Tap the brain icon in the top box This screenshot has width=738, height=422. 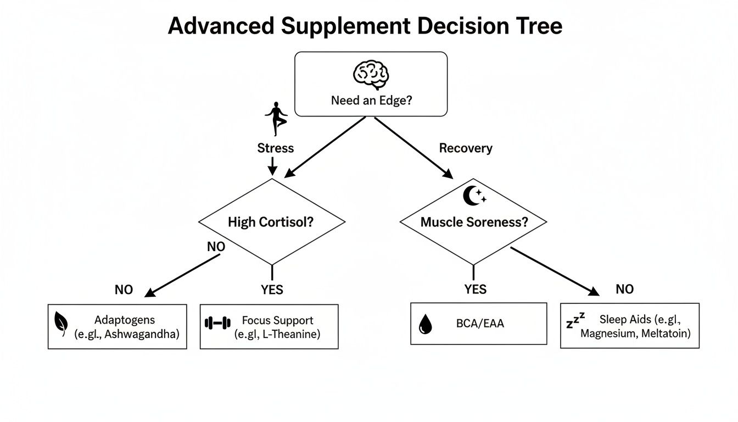(371, 75)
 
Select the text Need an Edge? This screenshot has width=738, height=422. (371, 101)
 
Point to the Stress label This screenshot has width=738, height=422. (276, 148)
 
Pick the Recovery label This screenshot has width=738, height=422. (466, 148)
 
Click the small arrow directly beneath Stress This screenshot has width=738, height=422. (271, 166)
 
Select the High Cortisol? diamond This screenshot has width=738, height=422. (271, 223)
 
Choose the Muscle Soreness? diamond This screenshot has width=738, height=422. (473, 223)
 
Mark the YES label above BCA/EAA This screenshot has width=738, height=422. (475, 290)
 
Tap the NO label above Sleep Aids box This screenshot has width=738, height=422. (624, 290)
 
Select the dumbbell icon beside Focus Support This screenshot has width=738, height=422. (217, 323)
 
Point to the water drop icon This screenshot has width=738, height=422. (425, 325)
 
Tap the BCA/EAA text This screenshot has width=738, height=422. (480, 324)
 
